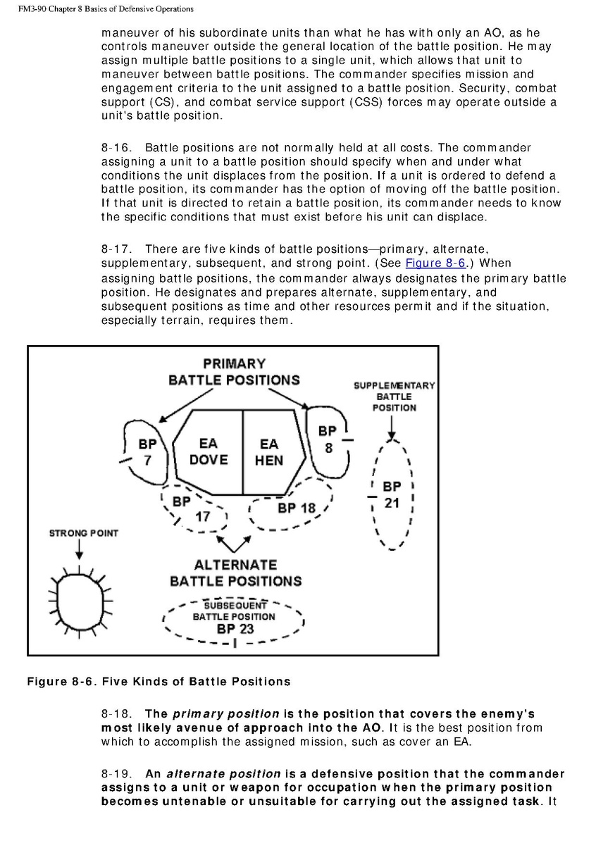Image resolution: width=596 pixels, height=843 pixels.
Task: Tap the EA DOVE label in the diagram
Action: (x=209, y=451)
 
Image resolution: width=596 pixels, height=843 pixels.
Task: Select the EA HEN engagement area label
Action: (x=269, y=452)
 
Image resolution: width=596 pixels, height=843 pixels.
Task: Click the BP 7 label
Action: (x=147, y=452)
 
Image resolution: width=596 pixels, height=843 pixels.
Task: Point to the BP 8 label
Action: (x=328, y=438)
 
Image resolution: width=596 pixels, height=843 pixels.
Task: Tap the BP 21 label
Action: (x=392, y=495)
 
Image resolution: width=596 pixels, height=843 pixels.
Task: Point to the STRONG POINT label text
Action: (x=83, y=533)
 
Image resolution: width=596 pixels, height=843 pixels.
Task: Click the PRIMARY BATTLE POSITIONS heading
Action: (x=234, y=372)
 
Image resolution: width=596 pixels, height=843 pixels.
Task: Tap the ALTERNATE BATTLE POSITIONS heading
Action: (x=235, y=573)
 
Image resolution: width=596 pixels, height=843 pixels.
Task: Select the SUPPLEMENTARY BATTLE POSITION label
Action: (x=394, y=396)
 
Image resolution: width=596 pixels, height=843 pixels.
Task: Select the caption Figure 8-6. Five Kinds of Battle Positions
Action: (x=159, y=681)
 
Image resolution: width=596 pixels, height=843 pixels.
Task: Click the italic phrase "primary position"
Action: (x=225, y=714)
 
